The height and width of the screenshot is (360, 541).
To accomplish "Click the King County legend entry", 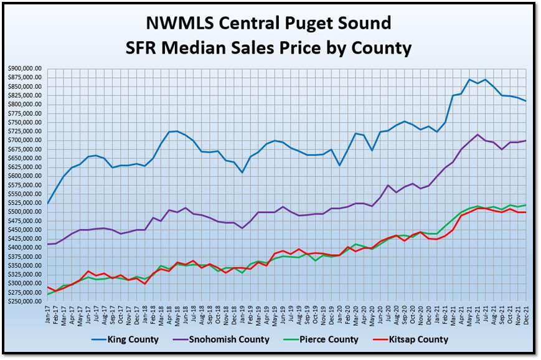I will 133,339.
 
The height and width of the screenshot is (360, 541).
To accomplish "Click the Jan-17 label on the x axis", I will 48,313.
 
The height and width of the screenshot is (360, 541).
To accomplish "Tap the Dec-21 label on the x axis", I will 526,313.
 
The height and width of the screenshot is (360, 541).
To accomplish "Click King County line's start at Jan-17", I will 48,203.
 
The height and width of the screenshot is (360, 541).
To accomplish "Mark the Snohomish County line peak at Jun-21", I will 477,135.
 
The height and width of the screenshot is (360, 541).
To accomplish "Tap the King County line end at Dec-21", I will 526,101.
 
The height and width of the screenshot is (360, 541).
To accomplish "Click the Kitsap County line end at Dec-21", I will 526,212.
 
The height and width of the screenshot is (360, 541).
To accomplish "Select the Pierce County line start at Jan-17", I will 48,294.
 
